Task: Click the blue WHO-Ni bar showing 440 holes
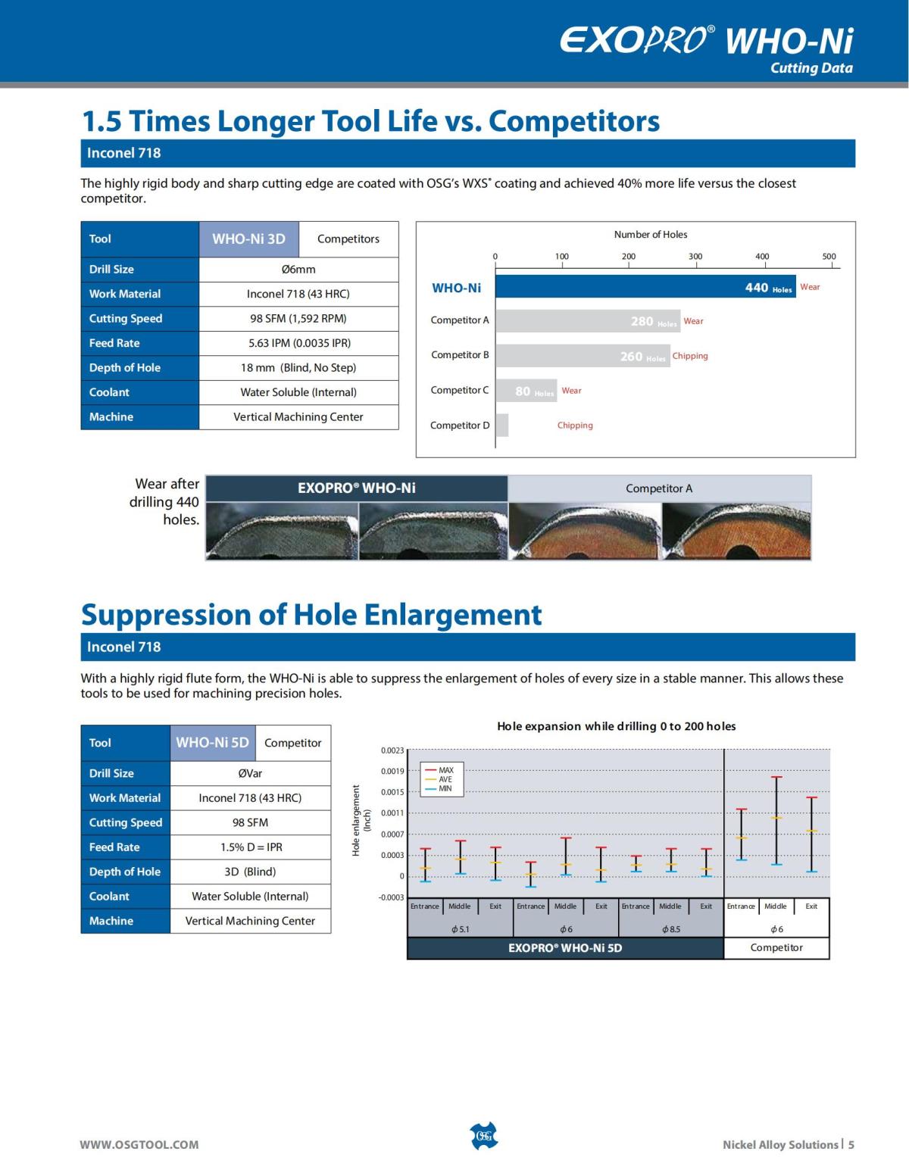pos(644,286)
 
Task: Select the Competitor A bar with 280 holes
pos(587,321)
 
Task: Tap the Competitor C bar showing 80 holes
pos(526,391)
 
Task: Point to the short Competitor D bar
pos(502,426)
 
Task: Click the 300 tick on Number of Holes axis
pos(695,257)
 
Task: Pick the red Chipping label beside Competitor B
pos(690,356)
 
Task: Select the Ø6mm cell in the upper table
pos(298,270)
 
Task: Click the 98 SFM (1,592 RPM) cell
pos(298,319)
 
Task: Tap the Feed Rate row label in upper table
pos(114,343)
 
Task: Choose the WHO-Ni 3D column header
pos(248,239)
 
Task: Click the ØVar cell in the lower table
pos(250,773)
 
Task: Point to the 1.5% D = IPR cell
pos(250,847)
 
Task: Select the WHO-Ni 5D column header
pos(212,743)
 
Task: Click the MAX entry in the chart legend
pos(445,770)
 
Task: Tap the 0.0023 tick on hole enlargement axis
pos(392,750)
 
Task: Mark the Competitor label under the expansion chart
pos(776,948)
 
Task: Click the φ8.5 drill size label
pos(671,929)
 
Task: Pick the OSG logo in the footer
pos(484,1136)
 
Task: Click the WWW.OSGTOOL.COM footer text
pos(139,1145)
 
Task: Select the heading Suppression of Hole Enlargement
pos(311,614)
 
